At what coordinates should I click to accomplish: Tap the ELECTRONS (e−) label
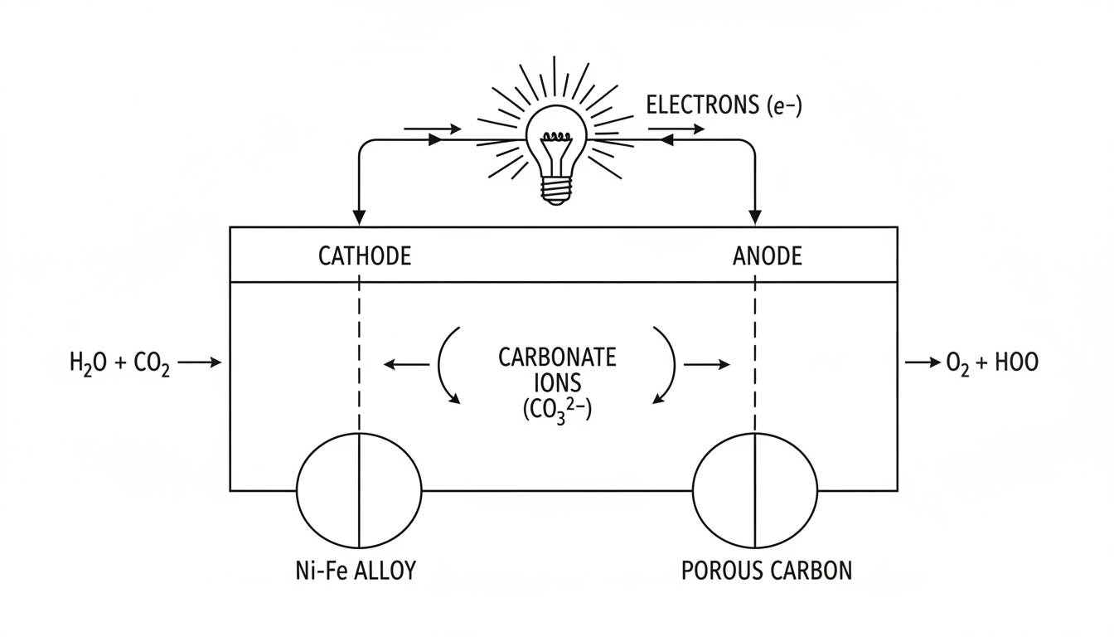tap(724, 105)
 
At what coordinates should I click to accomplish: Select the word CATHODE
tap(364, 255)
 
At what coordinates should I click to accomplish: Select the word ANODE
tap(767, 255)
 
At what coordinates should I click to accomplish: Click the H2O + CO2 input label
tap(119, 362)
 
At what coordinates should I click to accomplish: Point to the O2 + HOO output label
tap(991, 362)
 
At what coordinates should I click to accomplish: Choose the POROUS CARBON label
tap(766, 571)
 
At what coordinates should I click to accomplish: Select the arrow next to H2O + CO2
tap(200, 362)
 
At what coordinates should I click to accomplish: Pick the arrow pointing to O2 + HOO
tap(920, 362)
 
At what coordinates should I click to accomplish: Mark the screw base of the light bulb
tap(556, 192)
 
